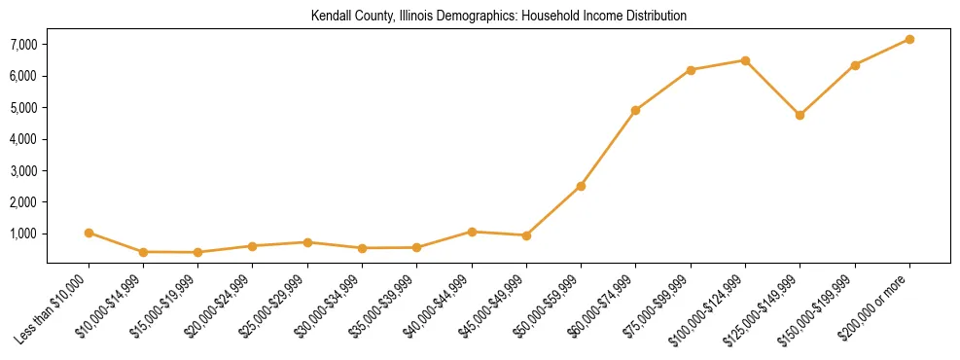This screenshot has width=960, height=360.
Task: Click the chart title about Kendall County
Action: pos(498,17)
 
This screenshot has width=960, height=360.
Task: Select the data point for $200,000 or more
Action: pos(909,39)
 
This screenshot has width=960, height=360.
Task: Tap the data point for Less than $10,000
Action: pos(89,233)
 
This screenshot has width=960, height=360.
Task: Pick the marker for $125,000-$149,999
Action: pos(800,115)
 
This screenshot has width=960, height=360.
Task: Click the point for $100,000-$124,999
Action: pos(745,60)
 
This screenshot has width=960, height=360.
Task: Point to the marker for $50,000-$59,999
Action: pos(581,186)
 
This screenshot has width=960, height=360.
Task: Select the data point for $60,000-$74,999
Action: pos(635,110)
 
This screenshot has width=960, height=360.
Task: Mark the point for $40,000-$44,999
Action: pos(472,232)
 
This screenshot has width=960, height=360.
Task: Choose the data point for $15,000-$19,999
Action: pos(197,252)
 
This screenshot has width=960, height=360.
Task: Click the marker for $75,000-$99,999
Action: pos(691,70)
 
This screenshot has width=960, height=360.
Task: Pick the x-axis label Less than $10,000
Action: pos(53,308)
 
